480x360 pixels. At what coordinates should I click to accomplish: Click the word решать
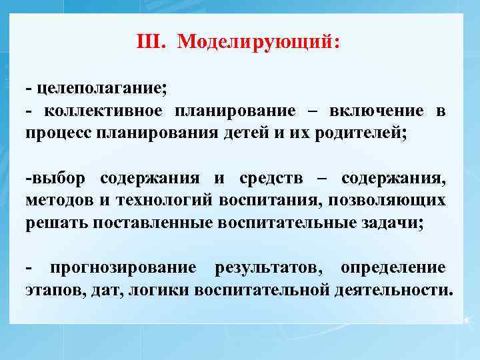tap(56, 222)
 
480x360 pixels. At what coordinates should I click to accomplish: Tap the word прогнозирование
tap(123, 268)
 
